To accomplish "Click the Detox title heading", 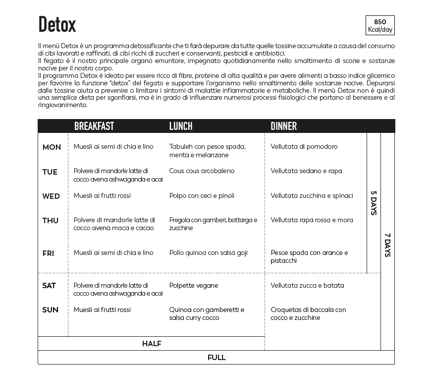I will point(57,24).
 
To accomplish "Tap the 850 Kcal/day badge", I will point(380,26).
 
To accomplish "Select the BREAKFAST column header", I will point(94,126).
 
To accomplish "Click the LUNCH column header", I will point(181,126).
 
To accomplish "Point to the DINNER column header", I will point(283,126).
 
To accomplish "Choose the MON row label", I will point(52,147).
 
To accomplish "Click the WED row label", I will point(51,196).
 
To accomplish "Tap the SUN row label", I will point(50,310).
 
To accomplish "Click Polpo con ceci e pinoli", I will point(202,196).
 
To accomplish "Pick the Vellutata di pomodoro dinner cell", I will point(304,147).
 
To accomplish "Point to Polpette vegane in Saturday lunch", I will point(193,286).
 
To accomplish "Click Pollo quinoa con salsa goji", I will point(208,253).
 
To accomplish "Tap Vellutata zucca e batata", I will point(307,286).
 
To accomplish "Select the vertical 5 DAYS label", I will point(374,203).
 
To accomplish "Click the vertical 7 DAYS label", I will point(387,245).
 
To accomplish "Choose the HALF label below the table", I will point(152,344).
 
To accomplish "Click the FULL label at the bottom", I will point(216,358).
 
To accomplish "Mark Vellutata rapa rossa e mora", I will point(312,220).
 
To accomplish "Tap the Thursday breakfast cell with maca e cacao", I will point(114,224).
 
